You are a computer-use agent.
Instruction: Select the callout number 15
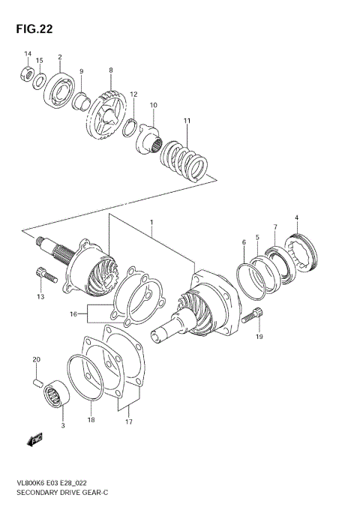(40, 61)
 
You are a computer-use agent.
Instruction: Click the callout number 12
(133, 94)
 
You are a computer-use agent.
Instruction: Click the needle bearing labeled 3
(55, 394)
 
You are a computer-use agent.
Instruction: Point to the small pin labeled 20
(36, 383)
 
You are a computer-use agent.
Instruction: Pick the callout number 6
(244, 242)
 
